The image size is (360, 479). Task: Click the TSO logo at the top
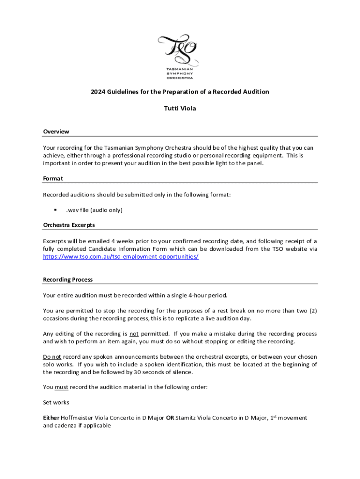click(x=180, y=56)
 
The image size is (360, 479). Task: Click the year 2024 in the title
click(x=98, y=92)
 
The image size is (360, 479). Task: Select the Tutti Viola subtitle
click(x=180, y=109)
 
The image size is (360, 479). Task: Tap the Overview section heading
click(x=56, y=132)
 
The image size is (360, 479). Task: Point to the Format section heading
click(x=53, y=178)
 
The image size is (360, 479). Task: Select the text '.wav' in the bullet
click(x=72, y=210)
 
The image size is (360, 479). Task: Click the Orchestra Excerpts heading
click(x=69, y=225)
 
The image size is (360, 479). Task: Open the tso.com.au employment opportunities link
click(x=121, y=257)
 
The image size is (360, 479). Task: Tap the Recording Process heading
click(x=68, y=280)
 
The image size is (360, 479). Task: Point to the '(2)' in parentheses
click(x=312, y=311)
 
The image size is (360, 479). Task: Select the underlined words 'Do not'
click(x=52, y=357)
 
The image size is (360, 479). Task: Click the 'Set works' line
click(x=56, y=402)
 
